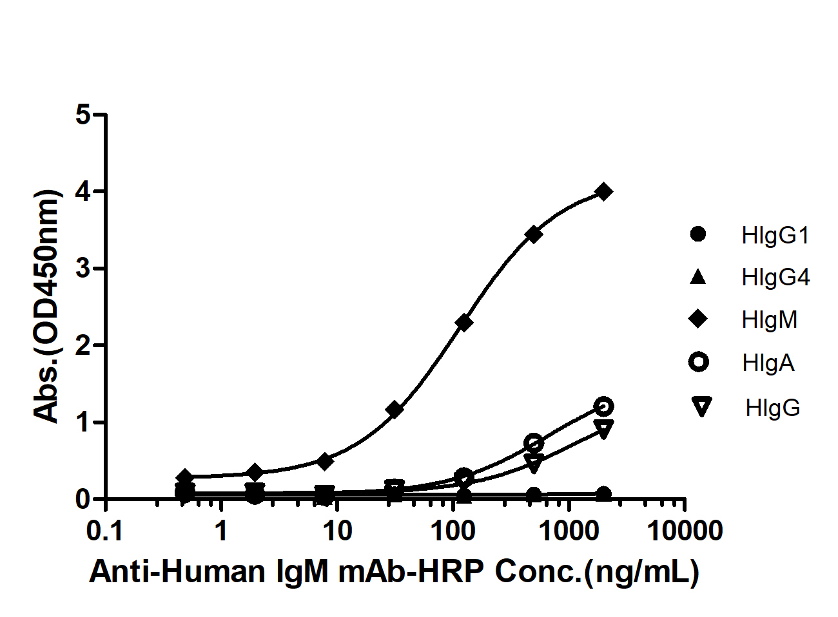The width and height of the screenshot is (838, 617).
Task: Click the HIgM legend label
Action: tap(769, 320)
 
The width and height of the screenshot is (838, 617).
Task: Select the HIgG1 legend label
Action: tap(775, 235)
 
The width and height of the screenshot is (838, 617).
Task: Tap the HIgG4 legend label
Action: tap(775, 278)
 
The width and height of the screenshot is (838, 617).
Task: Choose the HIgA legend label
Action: tap(768, 363)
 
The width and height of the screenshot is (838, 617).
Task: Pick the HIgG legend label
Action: tap(772, 407)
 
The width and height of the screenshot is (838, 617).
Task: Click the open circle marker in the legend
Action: tap(699, 362)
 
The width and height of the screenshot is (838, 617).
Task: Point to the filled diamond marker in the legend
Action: tap(699, 319)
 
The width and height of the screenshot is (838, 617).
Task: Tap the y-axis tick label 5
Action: tap(82, 115)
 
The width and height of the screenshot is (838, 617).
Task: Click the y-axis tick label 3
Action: tap(82, 269)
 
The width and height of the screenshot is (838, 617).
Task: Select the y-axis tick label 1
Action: tap(82, 422)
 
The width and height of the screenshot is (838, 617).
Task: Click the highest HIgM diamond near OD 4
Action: tap(604, 191)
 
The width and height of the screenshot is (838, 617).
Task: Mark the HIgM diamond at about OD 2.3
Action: tap(463, 322)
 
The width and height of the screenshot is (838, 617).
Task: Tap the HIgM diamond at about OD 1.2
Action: tap(395, 409)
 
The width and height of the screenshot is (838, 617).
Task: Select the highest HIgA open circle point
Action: tap(603, 406)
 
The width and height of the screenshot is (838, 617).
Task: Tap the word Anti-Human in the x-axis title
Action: tap(177, 572)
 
